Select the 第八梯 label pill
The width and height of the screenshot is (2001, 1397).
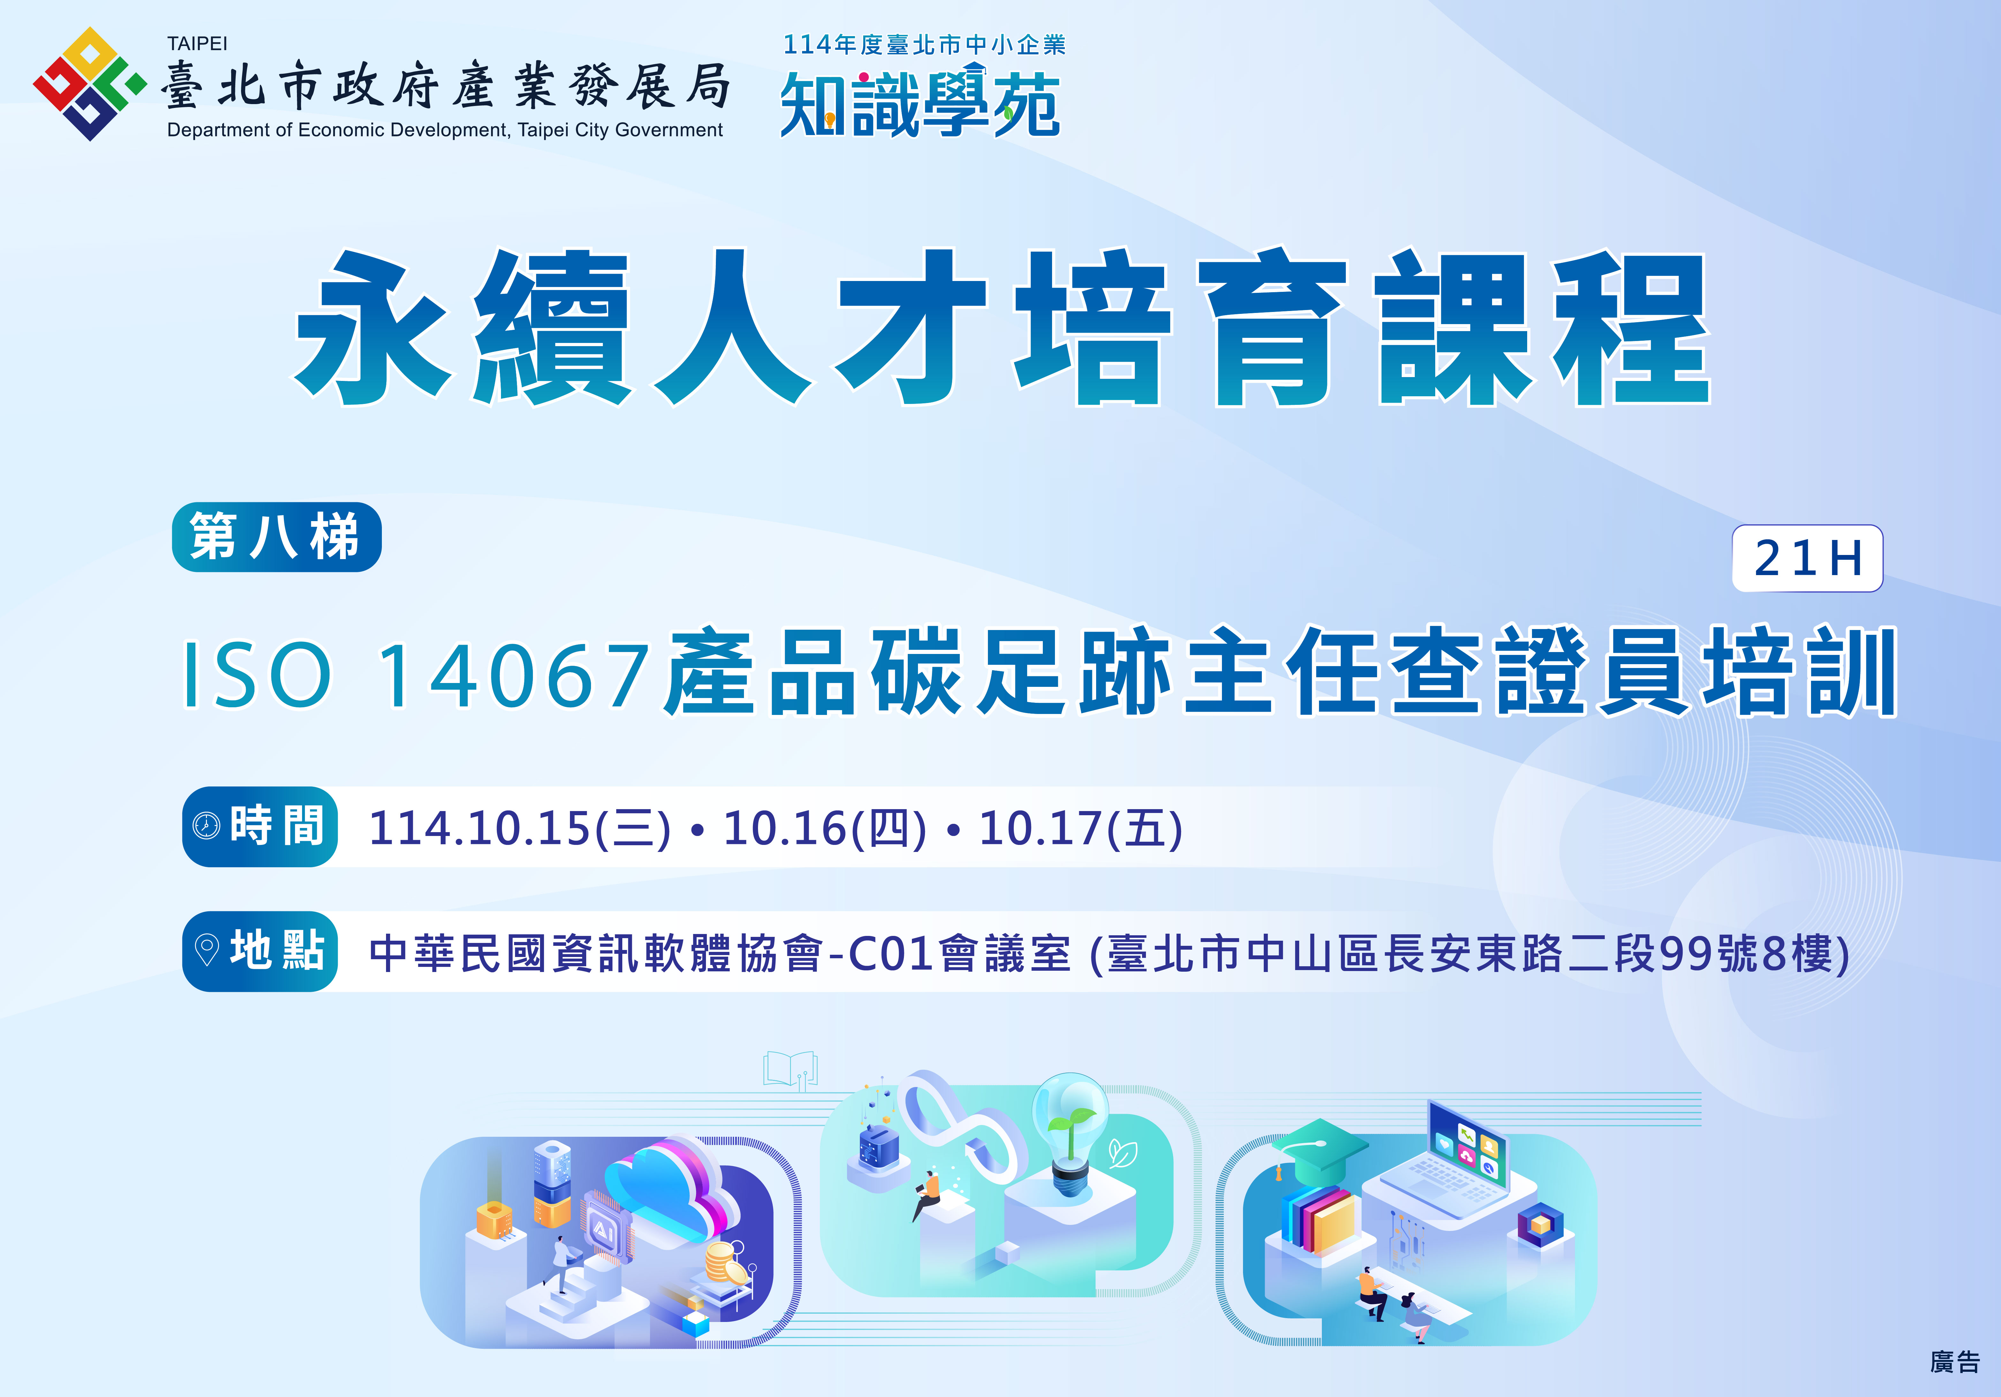[x=276, y=537]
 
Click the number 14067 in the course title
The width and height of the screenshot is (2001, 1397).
[x=514, y=674]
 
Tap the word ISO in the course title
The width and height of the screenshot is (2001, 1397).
[x=257, y=674]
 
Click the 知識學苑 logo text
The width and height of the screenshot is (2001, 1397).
[x=920, y=105]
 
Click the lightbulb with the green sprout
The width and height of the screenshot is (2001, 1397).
[x=1070, y=1133]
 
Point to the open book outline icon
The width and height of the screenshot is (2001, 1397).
[x=790, y=1068]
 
